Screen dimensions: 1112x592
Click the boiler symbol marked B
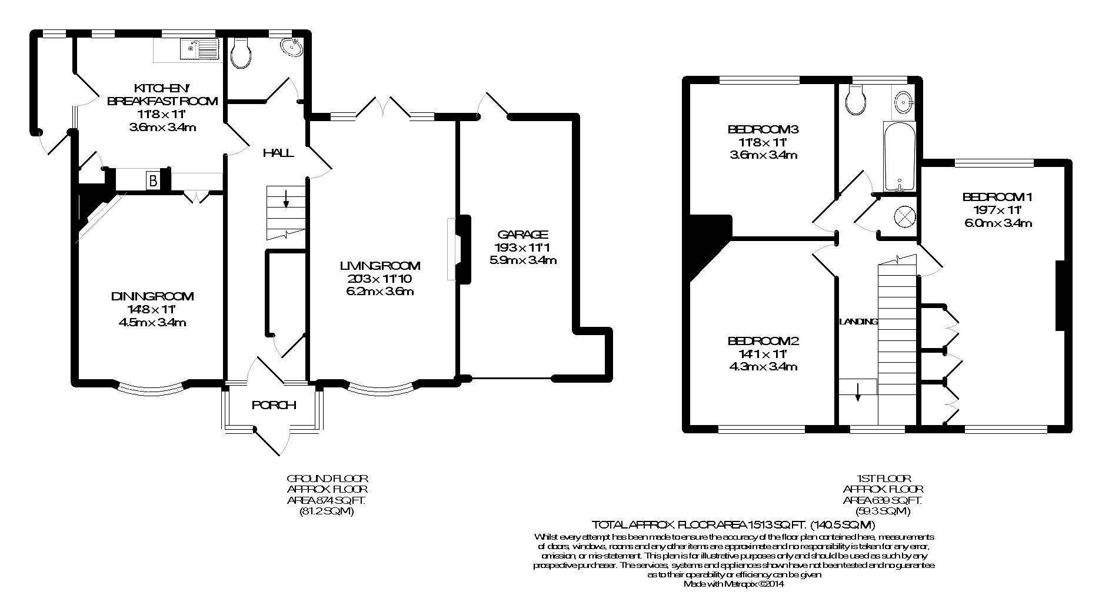click(153, 181)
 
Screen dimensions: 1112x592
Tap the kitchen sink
click(200, 49)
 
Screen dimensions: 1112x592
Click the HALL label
click(278, 153)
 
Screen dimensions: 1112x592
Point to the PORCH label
click(274, 405)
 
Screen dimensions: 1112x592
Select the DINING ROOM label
click(152, 296)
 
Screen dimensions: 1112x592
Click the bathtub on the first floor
click(899, 157)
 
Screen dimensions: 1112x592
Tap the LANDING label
click(858, 322)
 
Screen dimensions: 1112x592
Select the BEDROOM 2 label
click(763, 341)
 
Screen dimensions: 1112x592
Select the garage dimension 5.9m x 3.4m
click(522, 260)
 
